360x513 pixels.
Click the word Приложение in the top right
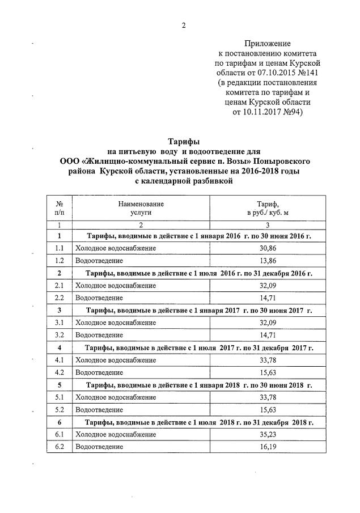(268, 43)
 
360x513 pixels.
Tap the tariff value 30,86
(268, 248)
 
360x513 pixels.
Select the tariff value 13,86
(268, 260)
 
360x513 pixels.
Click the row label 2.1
(59, 285)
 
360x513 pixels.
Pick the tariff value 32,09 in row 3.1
(268, 323)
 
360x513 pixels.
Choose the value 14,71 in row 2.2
(268, 298)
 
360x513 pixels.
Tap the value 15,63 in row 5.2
(268, 409)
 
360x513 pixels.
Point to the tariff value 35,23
(268, 434)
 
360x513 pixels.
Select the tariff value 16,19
(268, 447)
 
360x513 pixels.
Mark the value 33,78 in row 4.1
(268, 360)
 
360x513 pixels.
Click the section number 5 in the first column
(59, 384)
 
